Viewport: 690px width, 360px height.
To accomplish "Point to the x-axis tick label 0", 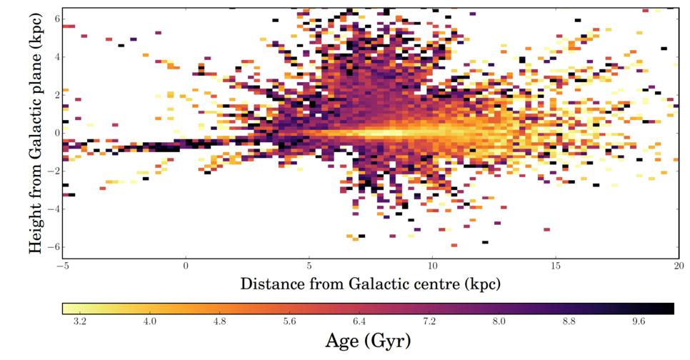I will pyautogui.click(x=186, y=266).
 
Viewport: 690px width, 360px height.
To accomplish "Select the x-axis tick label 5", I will pyautogui.click(x=309, y=266).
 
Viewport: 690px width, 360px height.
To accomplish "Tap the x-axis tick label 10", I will pyautogui.click(x=431, y=266).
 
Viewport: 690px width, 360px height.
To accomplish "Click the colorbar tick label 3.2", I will pyautogui.click(x=80, y=323).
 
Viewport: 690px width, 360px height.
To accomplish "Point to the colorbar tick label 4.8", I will pyautogui.click(x=219, y=323).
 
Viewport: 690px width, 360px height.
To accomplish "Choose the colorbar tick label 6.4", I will pyautogui.click(x=359, y=323).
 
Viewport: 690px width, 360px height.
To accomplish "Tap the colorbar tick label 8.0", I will pyautogui.click(x=499, y=323).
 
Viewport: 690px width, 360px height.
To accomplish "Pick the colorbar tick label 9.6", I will pyautogui.click(x=639, y=323).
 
